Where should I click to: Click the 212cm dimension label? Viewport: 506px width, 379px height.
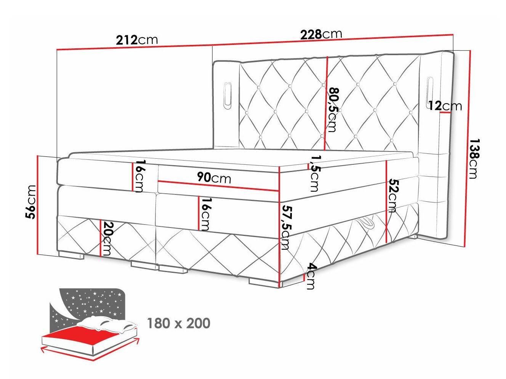pos(137,40)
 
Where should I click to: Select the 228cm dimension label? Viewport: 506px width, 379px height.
pos(321,35)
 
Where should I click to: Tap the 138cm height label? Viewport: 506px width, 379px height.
pos(474,158)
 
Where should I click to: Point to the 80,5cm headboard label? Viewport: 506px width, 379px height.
pos(333,110)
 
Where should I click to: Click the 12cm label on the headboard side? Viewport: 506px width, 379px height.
pos(445,106)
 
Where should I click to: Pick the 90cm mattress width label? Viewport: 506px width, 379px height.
pos(214,178)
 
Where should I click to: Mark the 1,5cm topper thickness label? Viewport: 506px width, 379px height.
pos(315,173)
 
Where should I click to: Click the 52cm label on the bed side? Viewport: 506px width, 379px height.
pos(393,196)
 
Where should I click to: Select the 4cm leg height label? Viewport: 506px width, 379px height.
pos(311,276)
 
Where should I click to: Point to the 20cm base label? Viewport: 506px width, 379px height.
pos(108,239)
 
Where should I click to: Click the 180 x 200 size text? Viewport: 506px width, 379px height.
pos(178,323)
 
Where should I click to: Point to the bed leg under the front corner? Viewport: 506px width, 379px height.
pos(264,282)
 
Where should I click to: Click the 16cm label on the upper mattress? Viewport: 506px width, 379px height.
pos(139,176)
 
